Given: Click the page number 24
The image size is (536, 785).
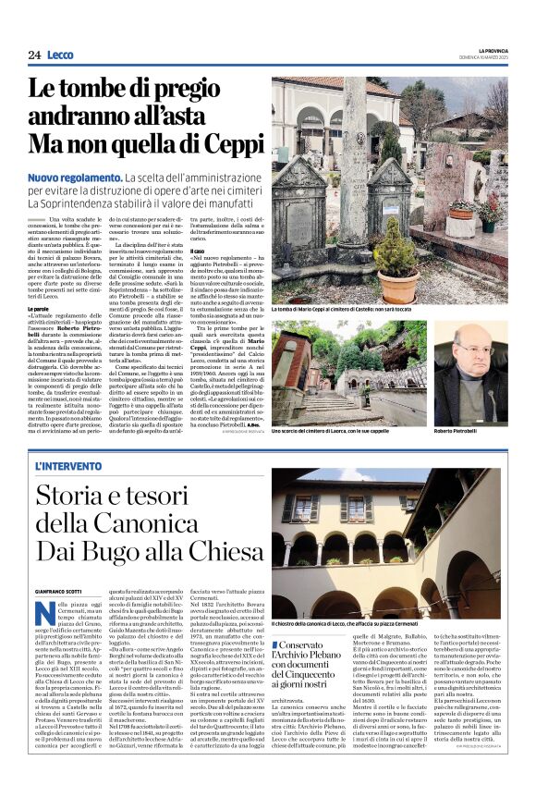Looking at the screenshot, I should click(x=34, y=55).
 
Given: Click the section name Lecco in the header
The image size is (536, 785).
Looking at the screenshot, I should click(x=60, y=55).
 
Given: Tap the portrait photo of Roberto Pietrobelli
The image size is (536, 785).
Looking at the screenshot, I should click(x=473, y=362).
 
